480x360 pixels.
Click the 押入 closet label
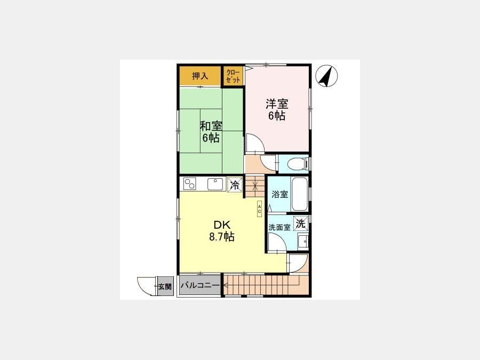[200, 76]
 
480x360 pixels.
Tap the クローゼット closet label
[233, 76]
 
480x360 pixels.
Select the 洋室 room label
[277, 104]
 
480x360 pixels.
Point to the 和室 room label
[211, 126]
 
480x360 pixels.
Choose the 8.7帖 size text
[222, 237]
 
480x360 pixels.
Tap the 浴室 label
[280, 194]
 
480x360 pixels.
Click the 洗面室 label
[279, 227]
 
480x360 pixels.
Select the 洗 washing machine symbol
[301, 223]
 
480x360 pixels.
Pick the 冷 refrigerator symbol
[235, 185]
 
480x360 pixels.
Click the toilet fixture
[299, 163]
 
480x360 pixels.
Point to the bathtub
[299, 194]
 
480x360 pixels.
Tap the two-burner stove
[189, 184]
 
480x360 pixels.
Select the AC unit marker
[259, 209]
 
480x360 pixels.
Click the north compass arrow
[326, 76]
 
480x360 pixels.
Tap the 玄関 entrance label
[165, 287]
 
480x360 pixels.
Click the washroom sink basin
[303, 242]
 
